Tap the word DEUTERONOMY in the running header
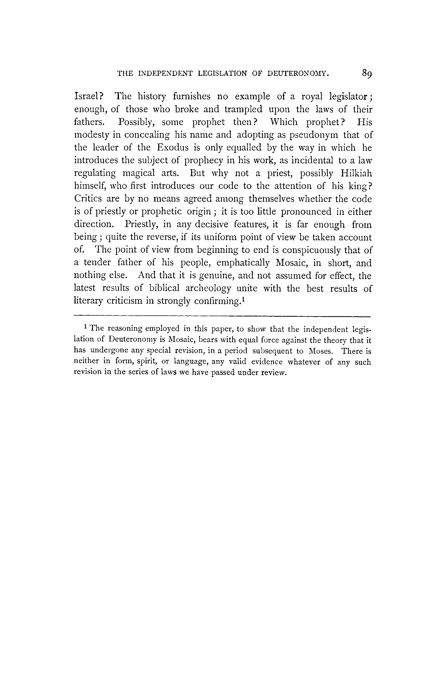[298, 74]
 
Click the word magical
[138, 173]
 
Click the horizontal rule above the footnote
[222, 316]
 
